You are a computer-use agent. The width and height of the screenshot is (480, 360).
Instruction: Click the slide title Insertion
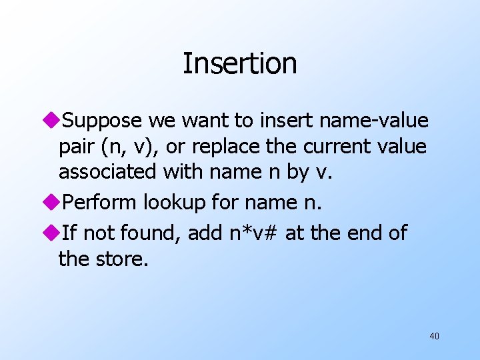pyautogui.click(x=239, y=64)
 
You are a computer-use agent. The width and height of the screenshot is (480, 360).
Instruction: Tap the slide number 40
pyautogui.click(x=434, y=336)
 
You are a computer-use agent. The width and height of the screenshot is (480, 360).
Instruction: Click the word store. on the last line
pyautogui.click(x=122, y=258)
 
